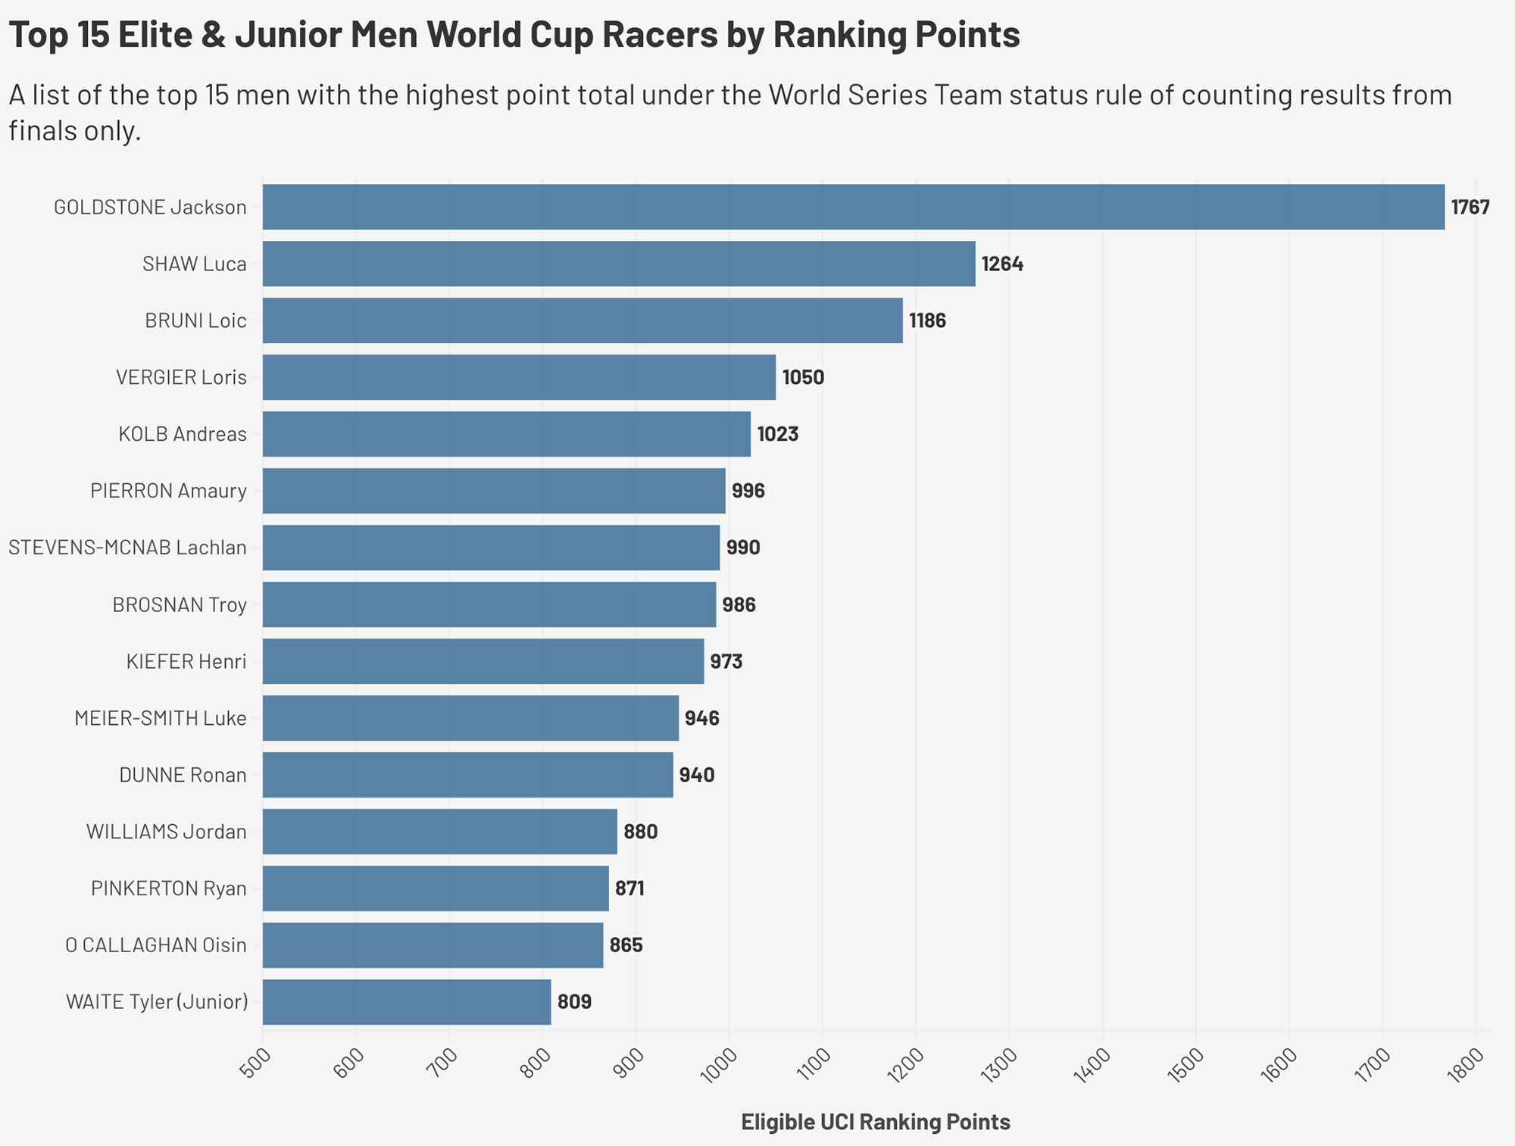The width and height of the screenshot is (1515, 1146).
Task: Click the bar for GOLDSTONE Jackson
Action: pyautogui.click(x=853, y=207)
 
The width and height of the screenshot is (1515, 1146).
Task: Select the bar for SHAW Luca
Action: pyautogui.click(x=619, y=264)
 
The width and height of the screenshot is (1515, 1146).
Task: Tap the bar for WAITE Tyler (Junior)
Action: pyautogui.click(x=407, y=1002)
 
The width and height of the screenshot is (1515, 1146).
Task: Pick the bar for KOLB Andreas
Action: pyautogui.click(x=506, y=434)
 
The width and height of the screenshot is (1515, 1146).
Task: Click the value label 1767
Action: pyautogui.click(x=1470, y=208)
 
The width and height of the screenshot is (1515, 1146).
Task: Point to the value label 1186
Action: pyautogui.click(x=927, y=321)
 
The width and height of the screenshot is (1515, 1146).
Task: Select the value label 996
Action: pyautogui.click(x=748, y=492)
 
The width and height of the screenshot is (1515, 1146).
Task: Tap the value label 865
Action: pyautogui.click(x=626, y=945)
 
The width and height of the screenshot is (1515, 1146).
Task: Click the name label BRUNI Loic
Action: pyautogui.click(x=195, y=321)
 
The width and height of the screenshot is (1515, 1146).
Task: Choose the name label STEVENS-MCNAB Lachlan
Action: pyautogui.click(x=127, y=548)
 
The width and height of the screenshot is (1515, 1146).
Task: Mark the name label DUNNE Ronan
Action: pyautogui.click(x=183, y=775)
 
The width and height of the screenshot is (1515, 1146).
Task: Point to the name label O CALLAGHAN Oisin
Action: pyautogui.click(x=155, y=945)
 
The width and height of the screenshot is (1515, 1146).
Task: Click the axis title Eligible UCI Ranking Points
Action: pyautogui.click(x=875, y=1122)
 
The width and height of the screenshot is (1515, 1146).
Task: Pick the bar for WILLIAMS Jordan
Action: pyautogui.click(x=439, y=832)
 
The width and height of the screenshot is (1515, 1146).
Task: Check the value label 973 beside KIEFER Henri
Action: pyautogui.click(x=726, y=662)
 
